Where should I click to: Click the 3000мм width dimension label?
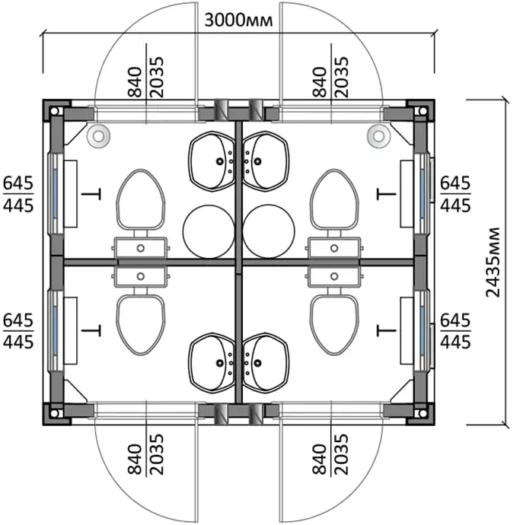pos(238,21)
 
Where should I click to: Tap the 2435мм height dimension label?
pos(493,262)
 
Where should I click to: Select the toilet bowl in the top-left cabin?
pos(141,199)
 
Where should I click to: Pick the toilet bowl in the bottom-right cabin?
pos(334,324)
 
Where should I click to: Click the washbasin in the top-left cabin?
pos(212,161)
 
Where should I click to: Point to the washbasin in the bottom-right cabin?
pos(265,363)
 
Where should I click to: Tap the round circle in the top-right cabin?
pos(269,231)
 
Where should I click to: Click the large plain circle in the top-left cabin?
pos(209,231)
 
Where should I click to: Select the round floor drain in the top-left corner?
pos(98,136)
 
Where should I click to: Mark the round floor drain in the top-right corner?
pos(379,136)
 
